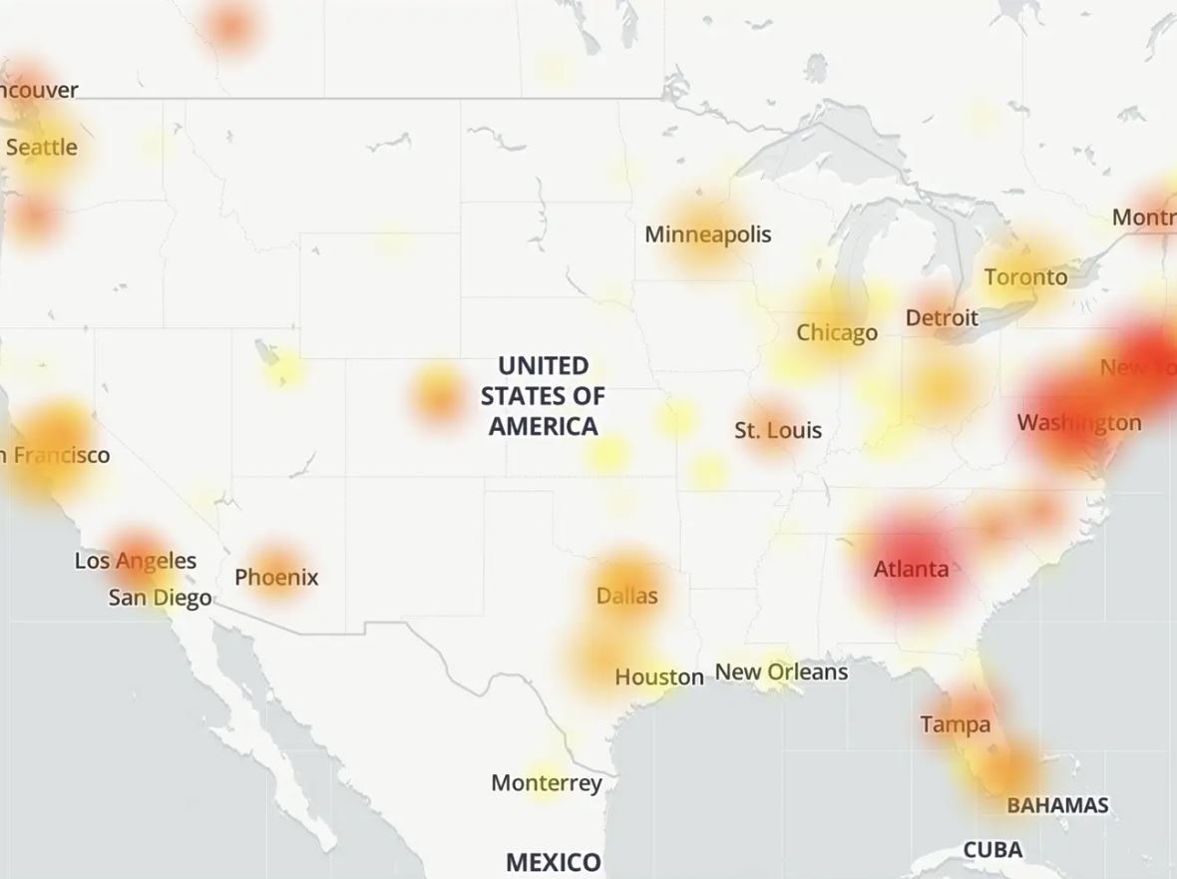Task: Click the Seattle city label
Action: pyautogui.click(x=41, y=148)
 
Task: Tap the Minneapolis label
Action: pyautogui.click(x=708, y=234)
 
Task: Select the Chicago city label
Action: pyautogui.click(x=837, y=333)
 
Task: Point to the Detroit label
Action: pyautogui.click(x=942, y=318)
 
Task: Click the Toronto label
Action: pyautogui.click(x=1025, y=277)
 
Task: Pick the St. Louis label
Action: pyautogui.click(x=778, y=431)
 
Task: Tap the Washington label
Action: pyautogui.click(x=1079, y=423)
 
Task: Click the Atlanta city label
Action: pyautogui.click(x=911, y=570)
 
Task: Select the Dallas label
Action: pyautogui.click(x=626, y=597)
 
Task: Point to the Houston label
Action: pyautogui.click(x=658, y=677)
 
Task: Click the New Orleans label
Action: pyautogui.click(x=782, y=672)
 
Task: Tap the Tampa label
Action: pyautogui.click(x=956, y=724)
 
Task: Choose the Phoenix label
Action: pyautogui.click(x=276, y=578)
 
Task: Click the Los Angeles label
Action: pyautogui.click(x=136, y=562)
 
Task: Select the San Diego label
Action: pyautogui.click(x=160, y=599)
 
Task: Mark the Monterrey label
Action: pyautogui.click(x=547, y=783)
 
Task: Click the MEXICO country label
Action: pyautogui.click(x=554, y=862)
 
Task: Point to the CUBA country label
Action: pyautogui.click(x=992, y=850)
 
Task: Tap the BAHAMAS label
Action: pyautogui.click(x=1057, y=805)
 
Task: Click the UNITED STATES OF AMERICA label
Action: pyautogui.click(x=543, y=396)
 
